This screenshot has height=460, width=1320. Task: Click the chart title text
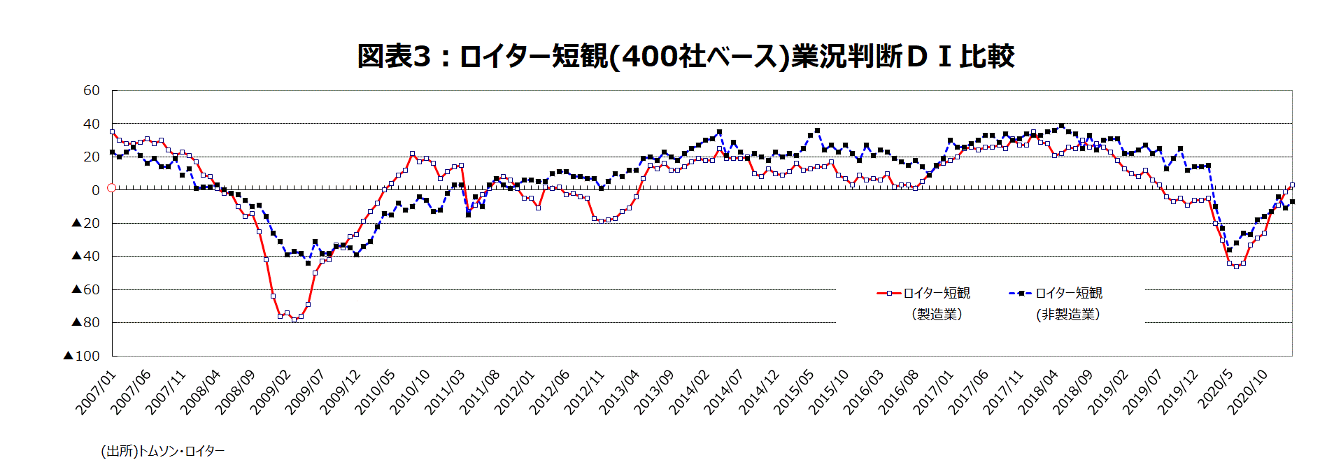685,56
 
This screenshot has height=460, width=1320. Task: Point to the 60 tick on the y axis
92,90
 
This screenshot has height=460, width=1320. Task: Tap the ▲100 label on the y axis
82,356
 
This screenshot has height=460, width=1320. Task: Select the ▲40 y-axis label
85,256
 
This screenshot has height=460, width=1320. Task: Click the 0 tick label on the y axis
96,189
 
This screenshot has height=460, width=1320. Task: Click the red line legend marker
889,293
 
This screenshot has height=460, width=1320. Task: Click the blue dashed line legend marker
1021,293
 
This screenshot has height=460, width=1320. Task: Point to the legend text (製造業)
937,315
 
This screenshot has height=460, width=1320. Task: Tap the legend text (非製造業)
1067,315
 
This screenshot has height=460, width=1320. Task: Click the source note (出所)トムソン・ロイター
163,451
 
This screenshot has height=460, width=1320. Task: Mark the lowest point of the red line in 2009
294,320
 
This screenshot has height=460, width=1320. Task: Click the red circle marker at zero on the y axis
111,188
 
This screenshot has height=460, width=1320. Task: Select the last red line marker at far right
1292,185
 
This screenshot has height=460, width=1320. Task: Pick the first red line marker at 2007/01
112,131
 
